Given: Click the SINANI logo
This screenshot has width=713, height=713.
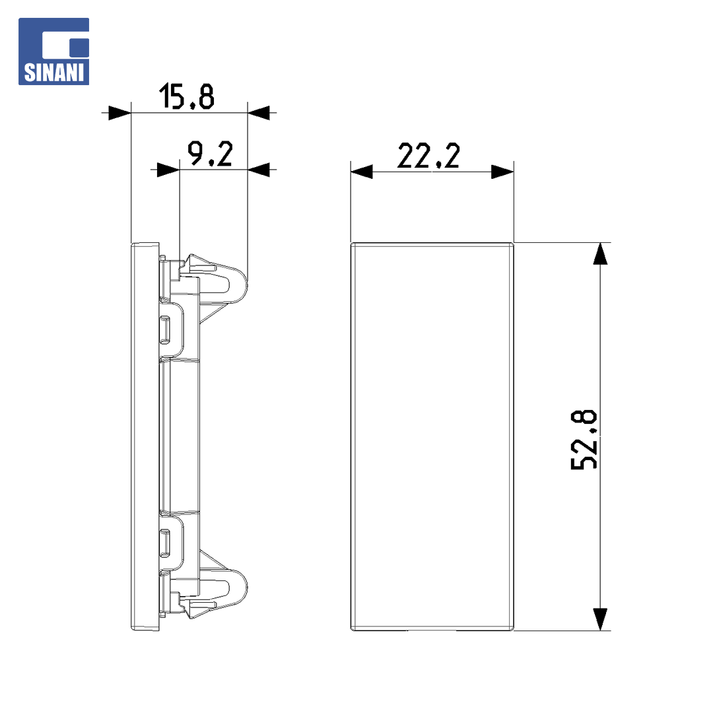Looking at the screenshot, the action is coord(53,51).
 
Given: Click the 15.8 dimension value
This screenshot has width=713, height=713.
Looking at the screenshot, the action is coord(186,96).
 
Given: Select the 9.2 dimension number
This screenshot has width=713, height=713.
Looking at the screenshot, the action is coord(210,153).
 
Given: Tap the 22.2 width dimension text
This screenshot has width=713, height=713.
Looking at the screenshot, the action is coord(428,156).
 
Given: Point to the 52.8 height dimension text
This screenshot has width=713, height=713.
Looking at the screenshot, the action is coord(584,439).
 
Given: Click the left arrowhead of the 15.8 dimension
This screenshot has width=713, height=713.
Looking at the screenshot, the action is coord(119,113).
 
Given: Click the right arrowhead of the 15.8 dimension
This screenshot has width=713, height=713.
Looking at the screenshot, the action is coord(259,113).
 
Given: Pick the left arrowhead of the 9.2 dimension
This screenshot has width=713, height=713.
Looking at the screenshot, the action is coord(168,170).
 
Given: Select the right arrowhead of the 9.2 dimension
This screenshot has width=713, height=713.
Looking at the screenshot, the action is coord(259,170).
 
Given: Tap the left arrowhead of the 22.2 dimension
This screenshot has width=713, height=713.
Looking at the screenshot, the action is coord(362,172).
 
